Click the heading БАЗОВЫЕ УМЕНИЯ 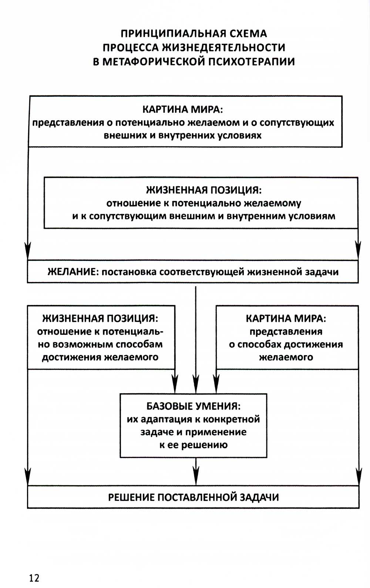pyautogui.click(x=194, y=406)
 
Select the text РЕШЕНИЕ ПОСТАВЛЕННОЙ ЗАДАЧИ pyautogui.click(x=194, y=497)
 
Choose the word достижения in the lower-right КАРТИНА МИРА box pyautogui.click(x=309, y=344)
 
